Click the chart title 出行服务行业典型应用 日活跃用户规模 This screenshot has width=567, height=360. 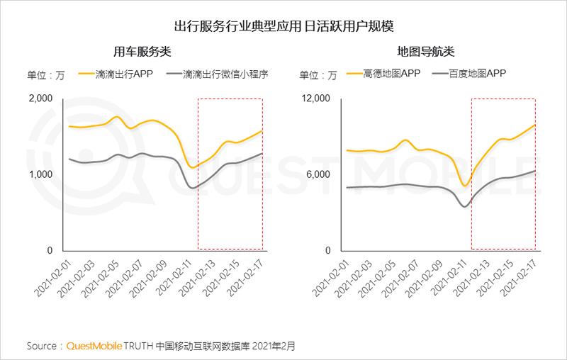(x=283, y=26)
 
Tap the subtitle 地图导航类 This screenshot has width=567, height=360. (x=426, y=52)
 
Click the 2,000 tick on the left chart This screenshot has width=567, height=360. (x=41, y=99)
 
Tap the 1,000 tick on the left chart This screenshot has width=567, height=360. (x=41, y=174)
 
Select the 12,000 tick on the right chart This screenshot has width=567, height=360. (x=316, y=99)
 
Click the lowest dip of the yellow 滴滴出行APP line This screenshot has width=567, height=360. (x=191, y=167)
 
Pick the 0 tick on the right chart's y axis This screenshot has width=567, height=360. (x=327, y=251)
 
